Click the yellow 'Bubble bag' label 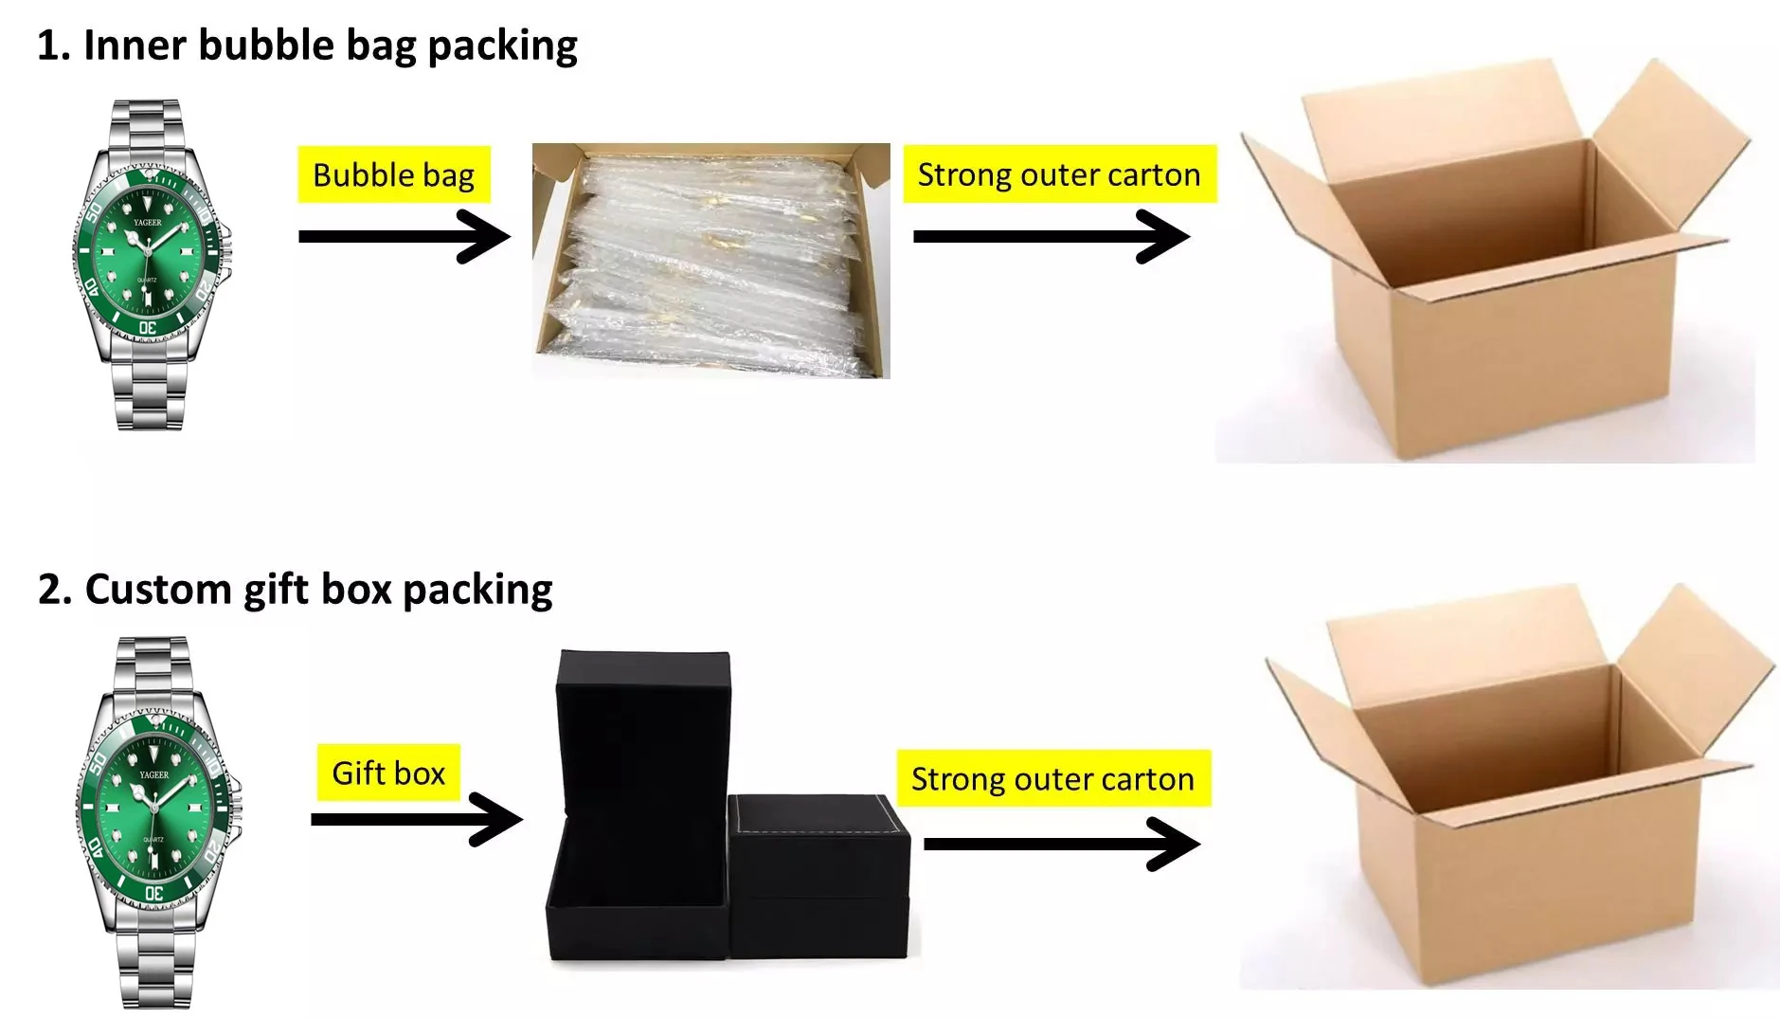pyautogui.click(x=394, y=174)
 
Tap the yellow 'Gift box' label pyautogui.click(x=388, y=773)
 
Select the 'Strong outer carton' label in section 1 pyautogui.click(x=1059, y=174)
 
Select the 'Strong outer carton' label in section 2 pyautogui.click(x=1053, y=778)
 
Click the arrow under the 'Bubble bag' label pyautogui.click(x=405, y=236)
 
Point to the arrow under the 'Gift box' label pyautogui.click(x=417, y=819)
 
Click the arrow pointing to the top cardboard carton pyautogui.click(x=1052, y=236)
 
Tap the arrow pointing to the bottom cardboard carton pyautogui.click(x=1062, y=844)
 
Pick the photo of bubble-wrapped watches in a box pyautogui.click(x=711, y=261)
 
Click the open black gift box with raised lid pyautogui.click(x=638, y=806)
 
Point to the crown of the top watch pyautogui.click(x=225, y=252)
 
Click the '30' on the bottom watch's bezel pyautogui.click(x=153, y=892)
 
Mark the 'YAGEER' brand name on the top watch pyautogui.click(x=148, y=223)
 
